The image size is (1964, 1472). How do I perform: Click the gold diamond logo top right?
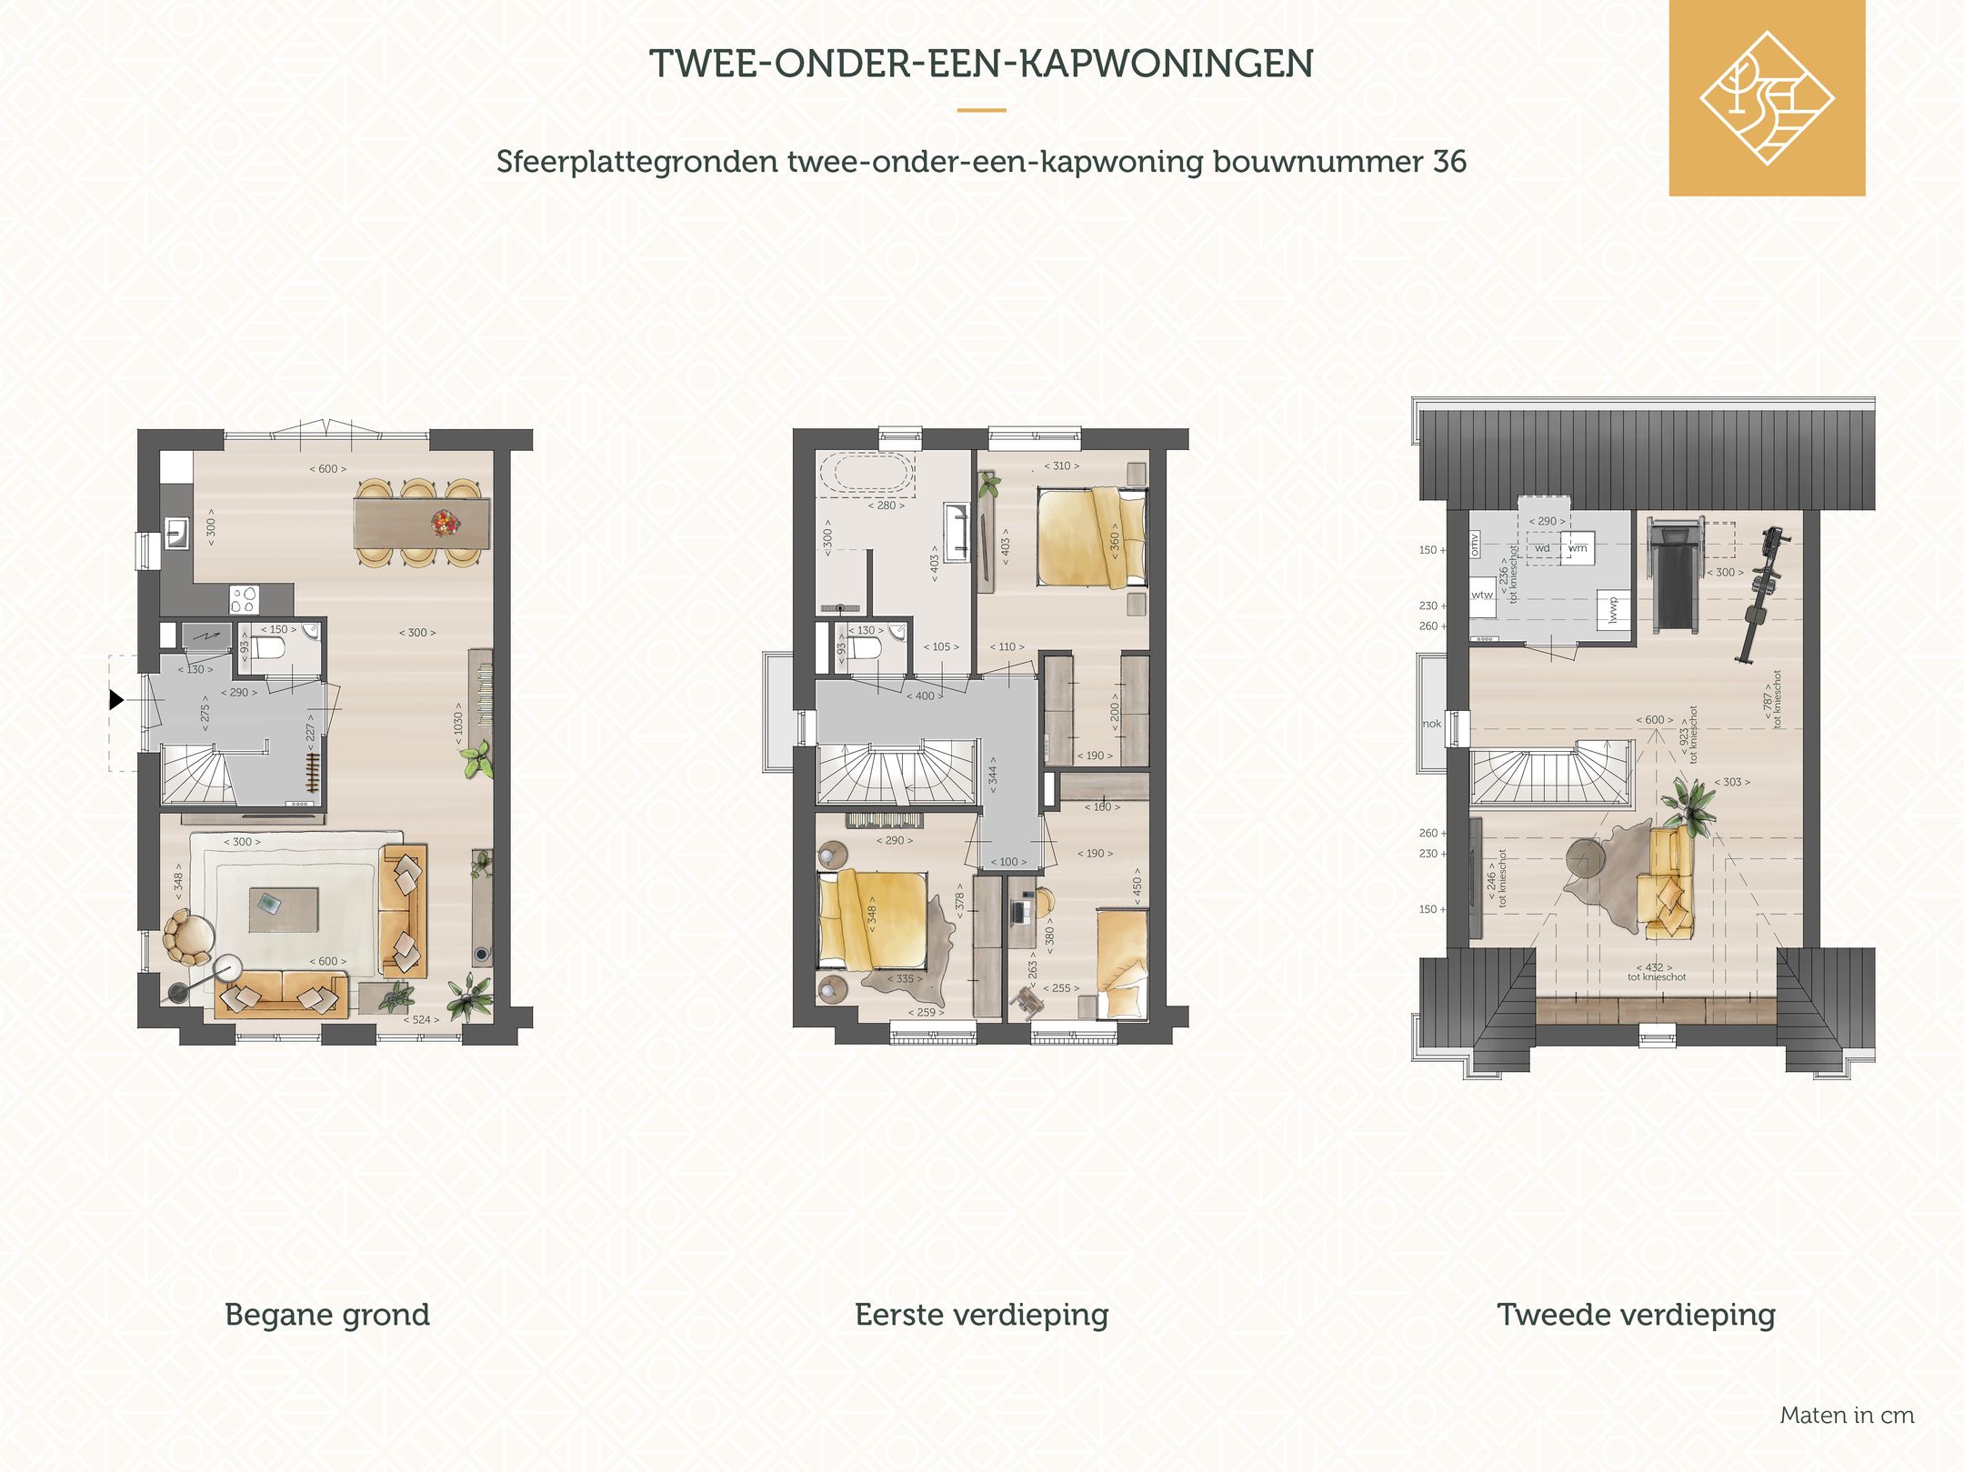(1766, 98)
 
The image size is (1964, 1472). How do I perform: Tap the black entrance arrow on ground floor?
(116, 699)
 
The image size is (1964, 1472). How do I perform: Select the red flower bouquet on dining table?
(445, 522)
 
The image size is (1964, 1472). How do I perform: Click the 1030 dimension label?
(459, 724)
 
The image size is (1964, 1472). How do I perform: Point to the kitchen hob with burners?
(244, 599)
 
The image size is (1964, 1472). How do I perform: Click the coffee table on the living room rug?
(284, 909)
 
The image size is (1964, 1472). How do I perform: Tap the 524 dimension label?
(421, 1019)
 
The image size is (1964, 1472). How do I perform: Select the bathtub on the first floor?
(867, 473)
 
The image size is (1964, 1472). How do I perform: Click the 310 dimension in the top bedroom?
(1061, 466)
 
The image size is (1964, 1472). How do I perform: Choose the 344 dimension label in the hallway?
(993, 775)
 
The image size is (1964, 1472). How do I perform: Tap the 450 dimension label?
(1137, 886)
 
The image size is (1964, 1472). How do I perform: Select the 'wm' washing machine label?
(1578, 548)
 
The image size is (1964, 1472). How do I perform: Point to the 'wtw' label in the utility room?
(1482, 596)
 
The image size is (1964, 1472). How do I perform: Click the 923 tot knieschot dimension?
(1688, 735)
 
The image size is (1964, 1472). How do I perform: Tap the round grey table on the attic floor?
(1586, 858)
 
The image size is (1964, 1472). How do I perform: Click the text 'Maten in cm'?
(1847, 1415)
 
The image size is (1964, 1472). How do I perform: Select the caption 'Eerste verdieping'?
(981, 1314)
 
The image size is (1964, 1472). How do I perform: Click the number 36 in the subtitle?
(1449, 162)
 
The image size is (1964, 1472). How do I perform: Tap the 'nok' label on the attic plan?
(1432, 724)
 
